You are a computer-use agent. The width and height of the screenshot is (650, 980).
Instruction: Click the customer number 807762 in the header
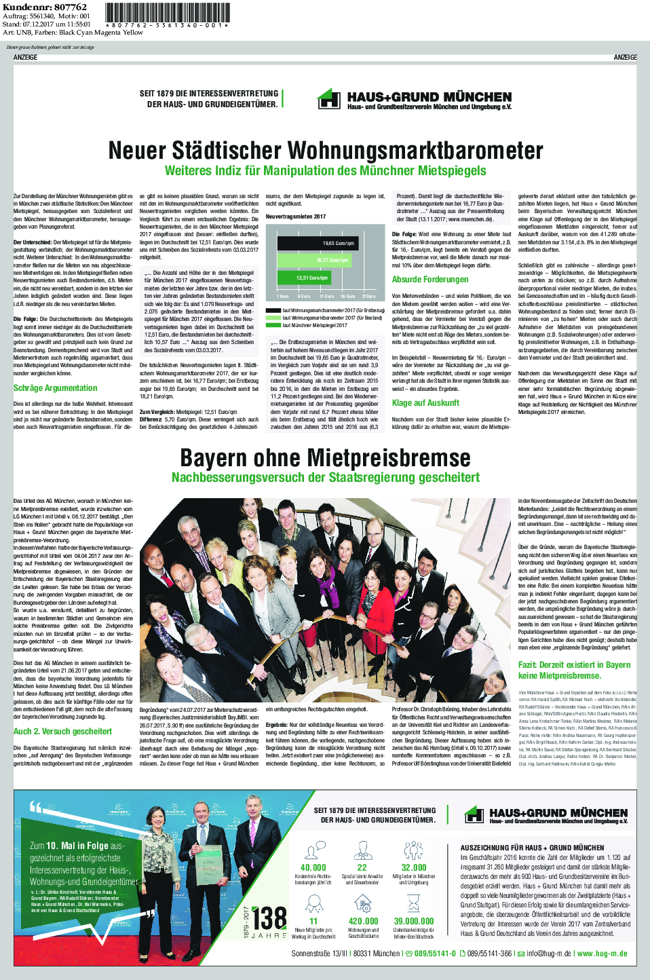pyautogui.click(x=71, y=7)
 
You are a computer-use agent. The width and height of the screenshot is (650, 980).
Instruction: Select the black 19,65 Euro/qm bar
pyautogui.click(x=317, y=243)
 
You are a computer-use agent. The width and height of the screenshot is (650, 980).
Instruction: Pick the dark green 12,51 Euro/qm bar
pyautogui.click(x=304, y=278)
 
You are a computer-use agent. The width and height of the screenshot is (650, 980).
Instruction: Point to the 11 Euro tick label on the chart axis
pyautogui.click(x=326, y=297)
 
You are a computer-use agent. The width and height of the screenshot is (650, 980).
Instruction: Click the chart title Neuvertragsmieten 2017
pyautogui.click(x=295, y=216)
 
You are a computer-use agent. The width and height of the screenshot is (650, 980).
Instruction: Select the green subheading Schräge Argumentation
pyautogui.click(x=56, y=388)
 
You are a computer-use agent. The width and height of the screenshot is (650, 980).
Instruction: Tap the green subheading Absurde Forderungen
pyautogui.click(x=430, y=280)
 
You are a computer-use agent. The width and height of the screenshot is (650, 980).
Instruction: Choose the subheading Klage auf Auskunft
pyautogui.click(x=426, y=403)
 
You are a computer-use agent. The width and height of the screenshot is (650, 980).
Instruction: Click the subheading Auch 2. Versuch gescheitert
pyautogui.click(x=62, y=732)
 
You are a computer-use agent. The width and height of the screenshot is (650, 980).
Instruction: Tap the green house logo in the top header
pyautogui.click(x=329, y=99)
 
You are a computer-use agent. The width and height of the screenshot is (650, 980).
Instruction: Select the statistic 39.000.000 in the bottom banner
pyautogui.click(x=414, y=921)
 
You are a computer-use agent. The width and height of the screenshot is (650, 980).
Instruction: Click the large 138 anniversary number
pyautogui.click(x=270, y=918)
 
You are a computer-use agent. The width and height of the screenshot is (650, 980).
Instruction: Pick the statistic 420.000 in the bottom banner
pyautogui.click(x=363, y=921)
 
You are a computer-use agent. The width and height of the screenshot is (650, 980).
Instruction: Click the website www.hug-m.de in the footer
pyautogui.click(x=602, y=954)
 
